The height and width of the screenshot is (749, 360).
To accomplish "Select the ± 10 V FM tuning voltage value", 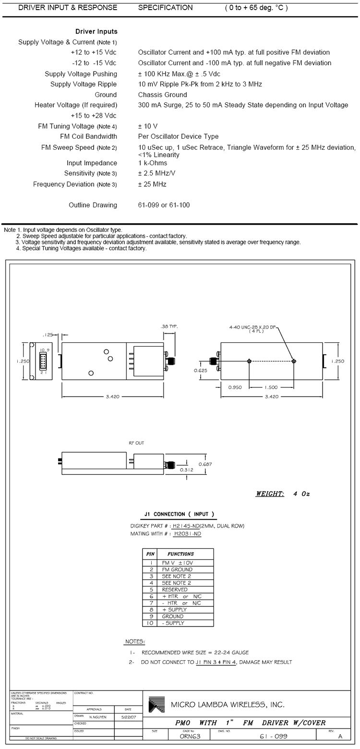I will click(x=148, y=126).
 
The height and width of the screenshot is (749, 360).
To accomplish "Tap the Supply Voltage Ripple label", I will click(x=84, y=85).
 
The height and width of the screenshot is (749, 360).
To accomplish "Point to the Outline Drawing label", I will click(x=93, y=205).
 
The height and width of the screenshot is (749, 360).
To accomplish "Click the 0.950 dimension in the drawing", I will click(x=235, y=387).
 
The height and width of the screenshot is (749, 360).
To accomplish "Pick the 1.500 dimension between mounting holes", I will click(x=272, y=387).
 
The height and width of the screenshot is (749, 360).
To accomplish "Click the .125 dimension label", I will click(x=48, y=335).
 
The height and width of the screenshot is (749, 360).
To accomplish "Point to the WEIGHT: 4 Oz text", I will click(x=282, y=494).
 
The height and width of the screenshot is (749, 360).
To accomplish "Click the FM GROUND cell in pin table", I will click(x=177, y=569).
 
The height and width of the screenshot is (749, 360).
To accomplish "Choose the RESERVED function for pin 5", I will click(x=175, y=590).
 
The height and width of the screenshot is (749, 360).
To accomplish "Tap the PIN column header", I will click(x=150, y=554).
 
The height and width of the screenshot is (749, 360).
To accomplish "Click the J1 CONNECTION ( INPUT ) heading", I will click(x=177, y=514).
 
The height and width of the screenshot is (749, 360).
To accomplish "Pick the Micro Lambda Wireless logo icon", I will click(x=156, y=704).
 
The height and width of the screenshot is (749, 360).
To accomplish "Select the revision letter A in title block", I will click(x=340, y=736).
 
